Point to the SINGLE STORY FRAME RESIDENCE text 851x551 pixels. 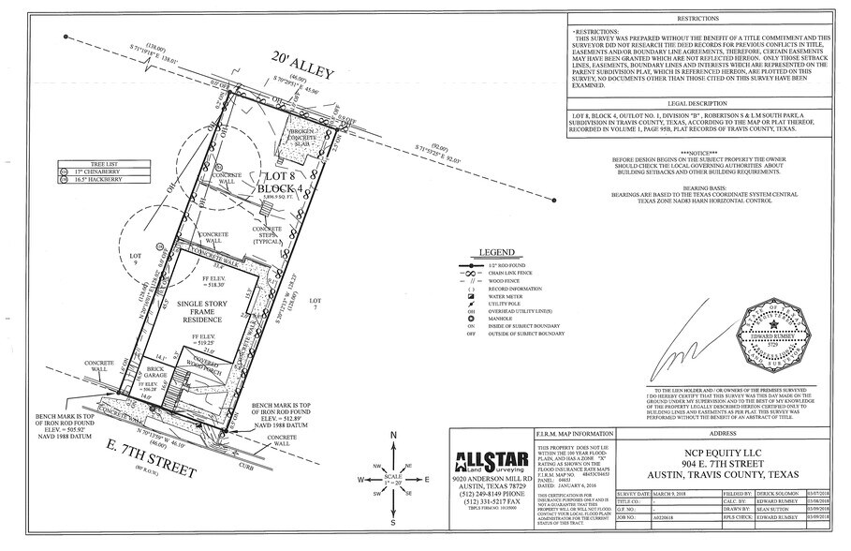click(203, 312)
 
